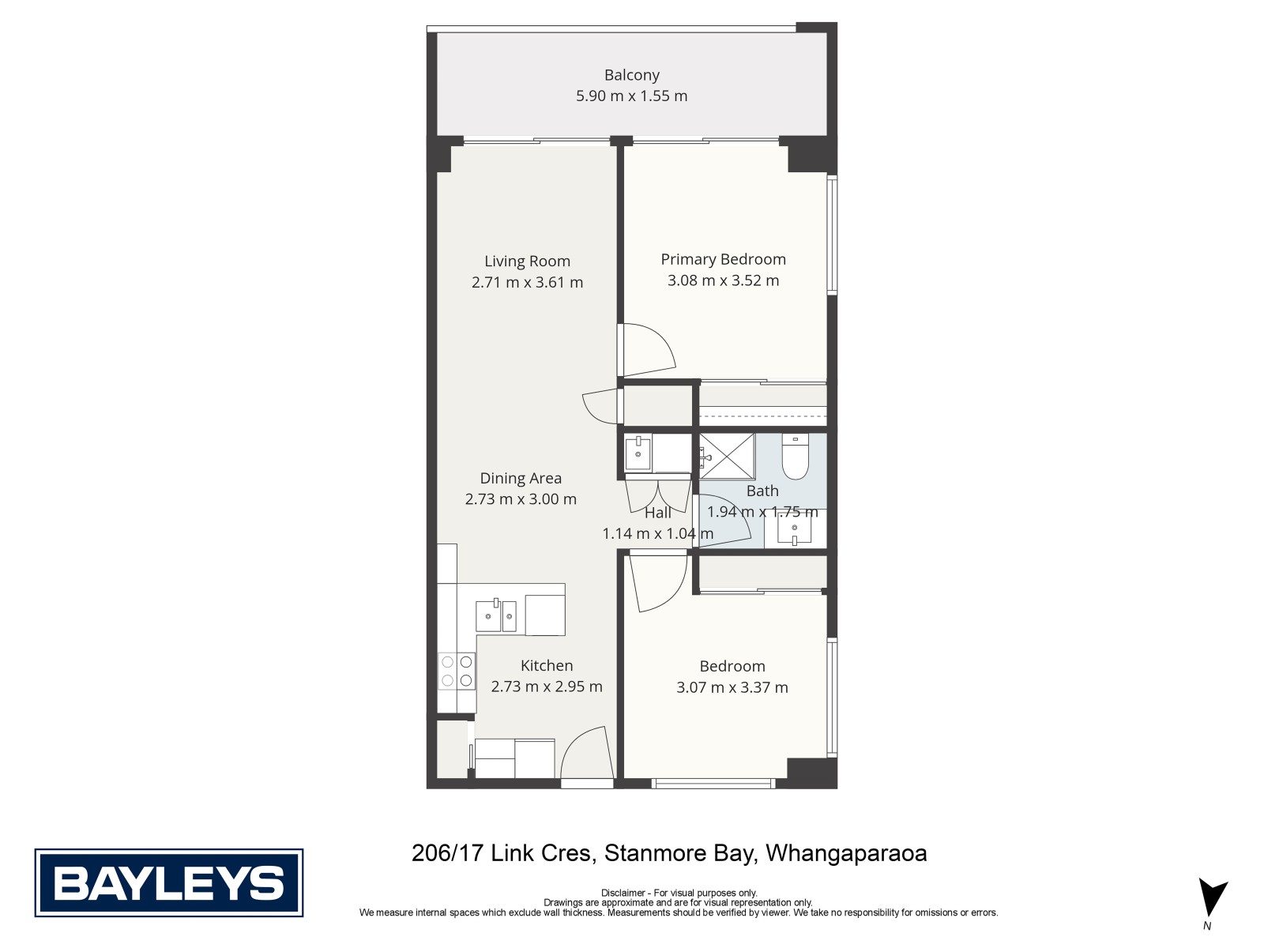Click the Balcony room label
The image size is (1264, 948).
631,75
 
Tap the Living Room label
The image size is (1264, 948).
527,261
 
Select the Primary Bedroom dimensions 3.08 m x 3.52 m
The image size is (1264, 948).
723,280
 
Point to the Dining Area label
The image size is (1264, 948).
521,478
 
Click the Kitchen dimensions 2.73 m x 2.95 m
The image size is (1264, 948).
547,686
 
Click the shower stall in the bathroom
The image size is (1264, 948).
727,457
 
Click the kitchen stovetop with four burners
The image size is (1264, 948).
457,671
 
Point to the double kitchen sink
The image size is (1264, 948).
496,615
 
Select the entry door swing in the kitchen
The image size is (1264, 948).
587,752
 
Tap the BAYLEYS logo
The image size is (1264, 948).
169,882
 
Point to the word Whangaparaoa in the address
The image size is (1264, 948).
846,853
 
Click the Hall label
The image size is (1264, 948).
657,512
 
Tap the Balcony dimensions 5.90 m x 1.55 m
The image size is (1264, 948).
632,96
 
